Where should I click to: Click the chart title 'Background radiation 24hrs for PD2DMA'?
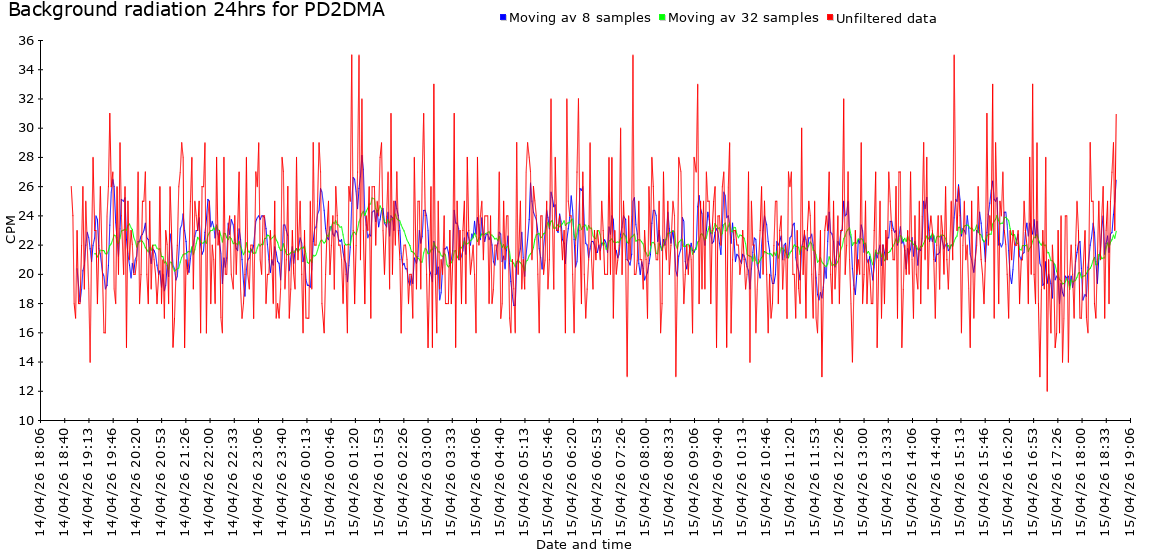pos(196,11)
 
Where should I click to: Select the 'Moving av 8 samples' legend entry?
pos(579,18)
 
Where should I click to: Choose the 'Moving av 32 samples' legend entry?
pos(742,18)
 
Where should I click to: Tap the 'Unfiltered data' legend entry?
pos(886,18)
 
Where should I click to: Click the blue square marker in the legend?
pos(503,17)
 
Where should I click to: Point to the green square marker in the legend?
pos(662,17)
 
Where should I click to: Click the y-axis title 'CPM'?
pos(11,229)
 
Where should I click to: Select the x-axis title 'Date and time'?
pos(583,545)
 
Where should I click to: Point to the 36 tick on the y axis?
pos(25,41)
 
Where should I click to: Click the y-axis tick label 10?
pos(25,420)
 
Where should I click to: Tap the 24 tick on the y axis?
pos(25,216)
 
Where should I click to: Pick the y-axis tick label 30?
pos(25,128)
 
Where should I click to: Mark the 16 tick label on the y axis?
pos(25,333)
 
